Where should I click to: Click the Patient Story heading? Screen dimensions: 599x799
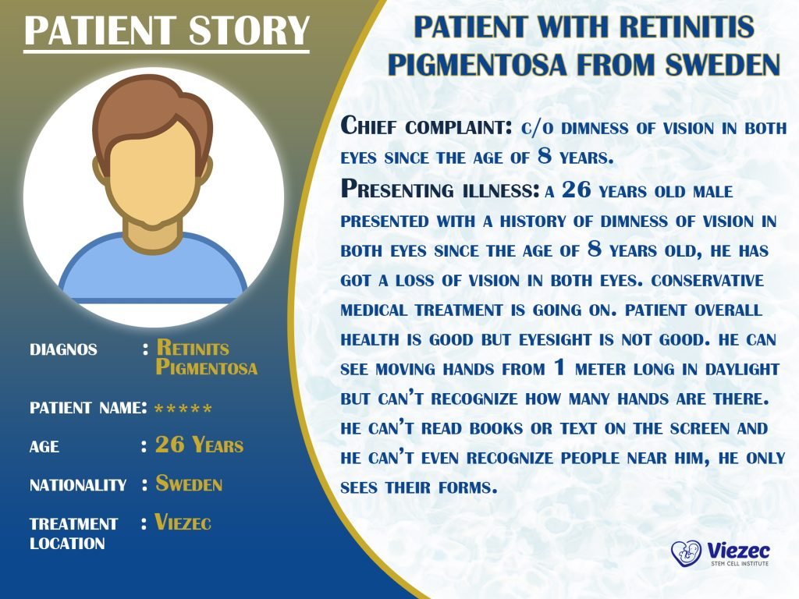166,30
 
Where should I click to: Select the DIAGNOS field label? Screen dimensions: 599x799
63,349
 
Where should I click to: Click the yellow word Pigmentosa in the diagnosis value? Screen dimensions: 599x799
206,367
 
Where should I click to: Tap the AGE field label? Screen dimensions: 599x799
44,447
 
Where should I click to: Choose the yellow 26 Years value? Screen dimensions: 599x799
199,445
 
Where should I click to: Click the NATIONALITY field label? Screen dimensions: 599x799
78,484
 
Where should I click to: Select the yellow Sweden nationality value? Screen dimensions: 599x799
189,483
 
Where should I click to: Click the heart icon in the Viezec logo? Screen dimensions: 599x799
686,553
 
